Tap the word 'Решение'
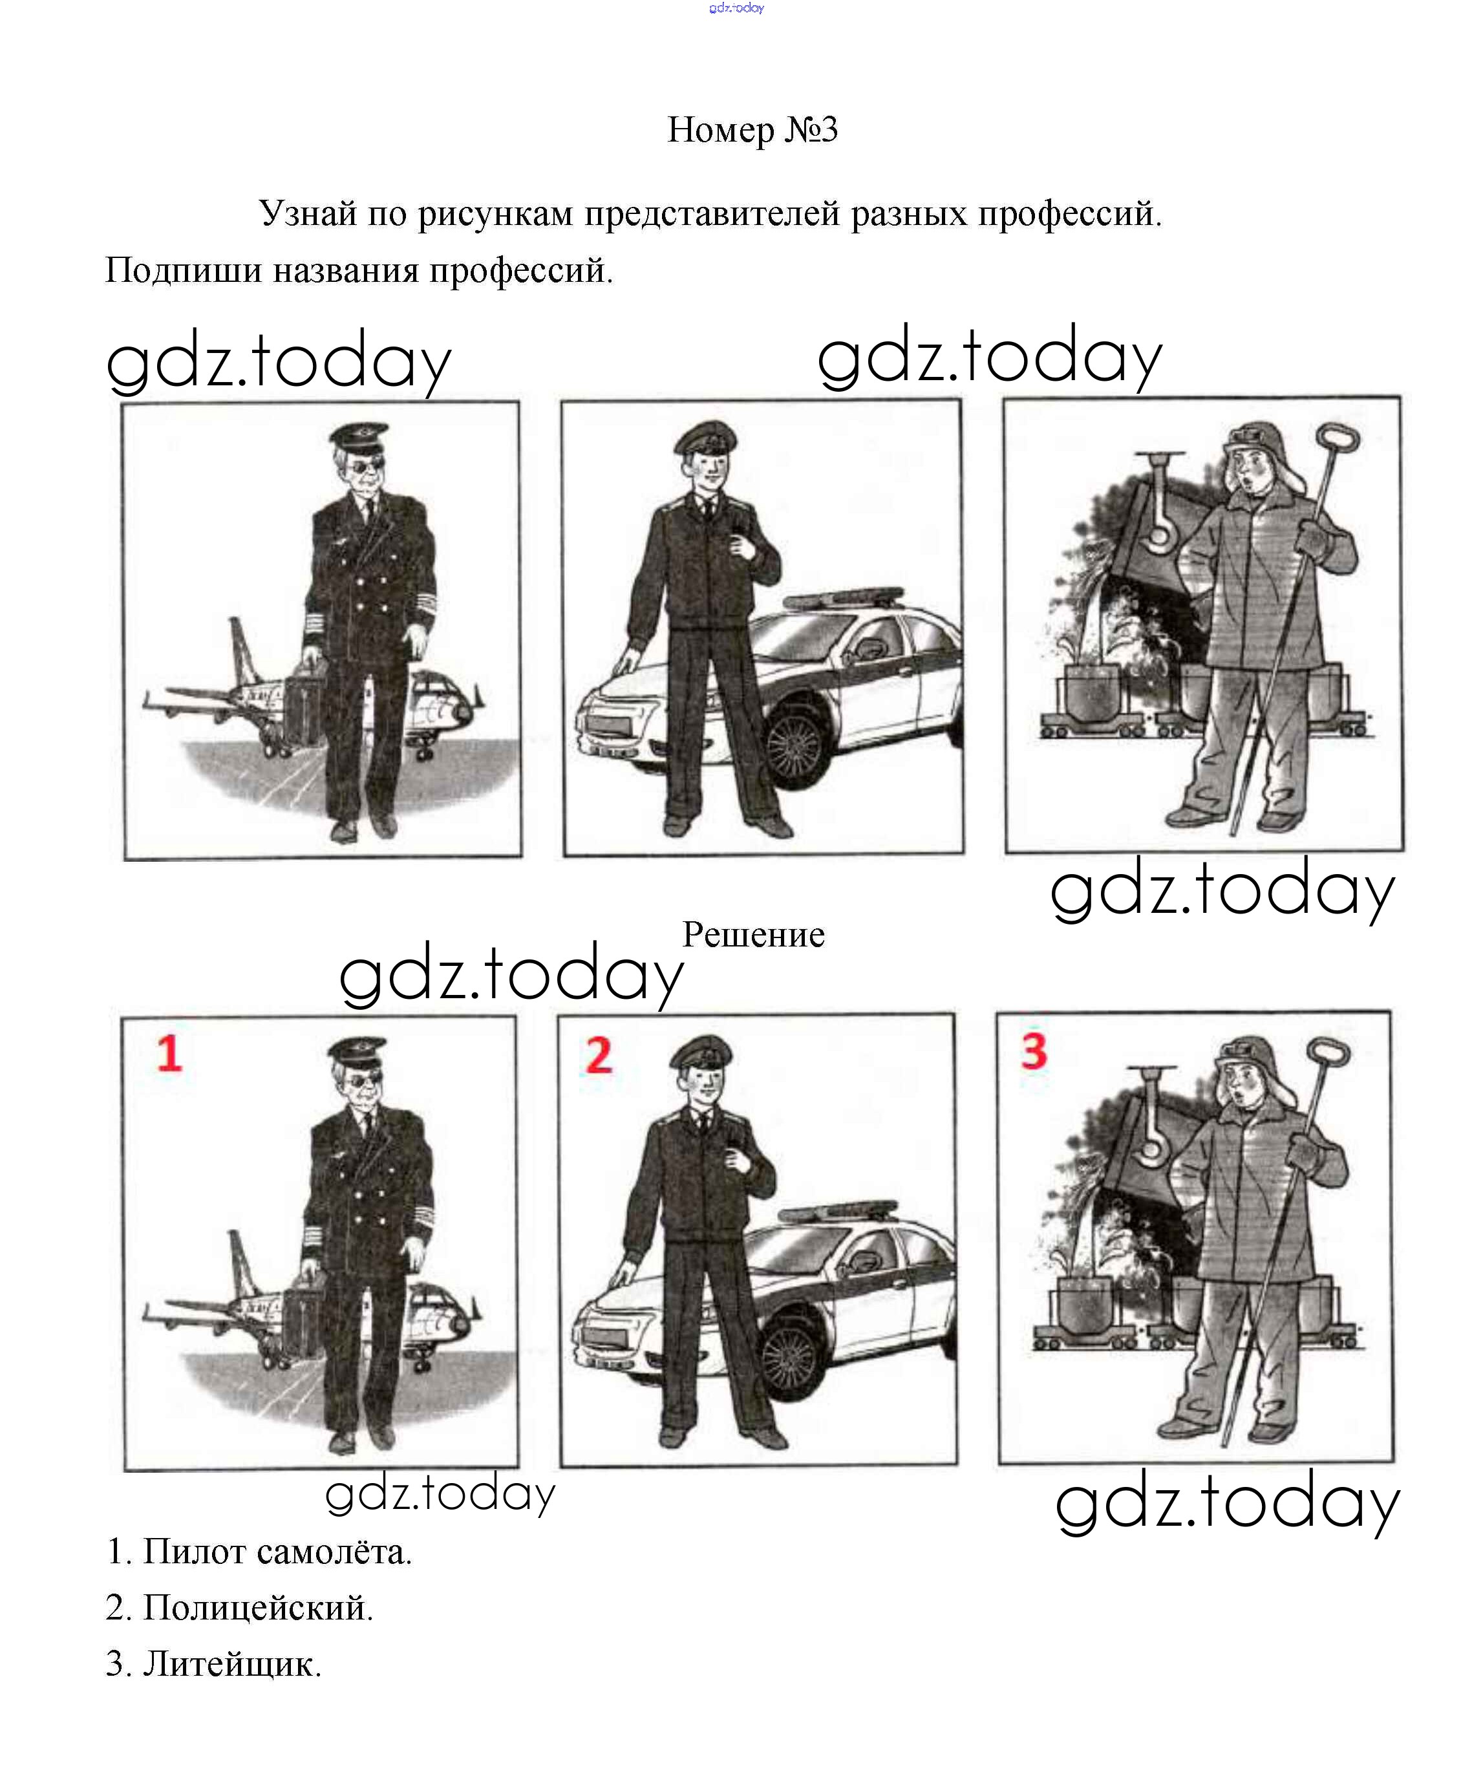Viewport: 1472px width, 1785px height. pos(753,934)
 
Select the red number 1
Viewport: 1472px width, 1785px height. pos(169,1054)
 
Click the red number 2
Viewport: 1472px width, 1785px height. pos(599,1056)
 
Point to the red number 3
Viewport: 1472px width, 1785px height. pos(1034,1051)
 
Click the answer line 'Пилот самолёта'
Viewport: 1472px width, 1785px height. pos(277,1551)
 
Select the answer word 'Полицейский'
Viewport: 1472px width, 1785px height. pos(258,1607)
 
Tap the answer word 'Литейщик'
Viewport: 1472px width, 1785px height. pos(231,1663)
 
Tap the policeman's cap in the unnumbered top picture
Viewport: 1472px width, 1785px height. pos(705,438)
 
